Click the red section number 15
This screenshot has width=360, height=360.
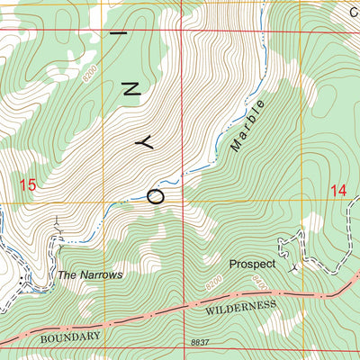coord(28,185)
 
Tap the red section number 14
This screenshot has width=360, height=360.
coord(337,190)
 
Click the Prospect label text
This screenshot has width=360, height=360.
coord(251,265)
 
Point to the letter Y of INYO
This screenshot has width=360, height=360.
coord(142,142)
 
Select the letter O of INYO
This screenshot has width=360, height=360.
coord(155,193)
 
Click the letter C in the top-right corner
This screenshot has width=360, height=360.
coord(355,13)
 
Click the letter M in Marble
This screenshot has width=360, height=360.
coord(237,144)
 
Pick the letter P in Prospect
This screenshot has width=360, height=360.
coord(234,265)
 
